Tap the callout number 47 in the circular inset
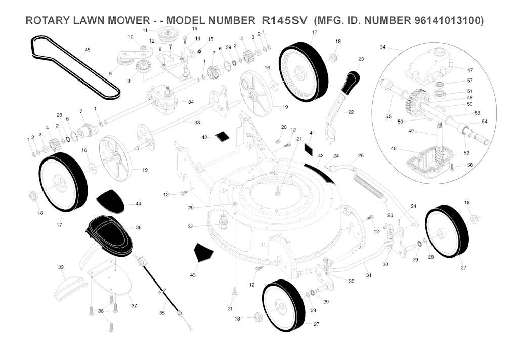click(470, 70)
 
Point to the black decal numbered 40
click(222, 136)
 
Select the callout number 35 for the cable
click(162, 312)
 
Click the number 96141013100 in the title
click(448, 20)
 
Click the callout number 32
click(190, 227)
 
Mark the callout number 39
click(61, 267)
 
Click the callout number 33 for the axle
click(197, 123)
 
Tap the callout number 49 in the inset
click(411, 131)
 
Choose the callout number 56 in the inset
click(470, 165)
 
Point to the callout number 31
click(369, 275)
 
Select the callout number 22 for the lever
click(351, 112)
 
